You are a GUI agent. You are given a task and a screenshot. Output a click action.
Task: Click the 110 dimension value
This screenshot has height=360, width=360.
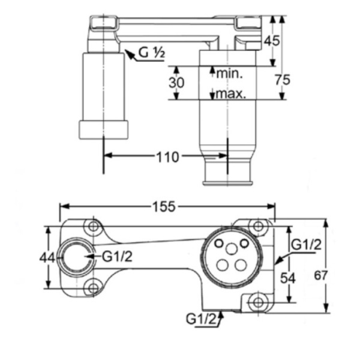pos(168,157)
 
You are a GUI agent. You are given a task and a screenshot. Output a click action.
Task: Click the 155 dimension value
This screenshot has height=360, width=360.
pos(163,207)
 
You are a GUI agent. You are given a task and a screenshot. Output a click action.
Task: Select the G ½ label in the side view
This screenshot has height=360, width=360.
pos(151,53)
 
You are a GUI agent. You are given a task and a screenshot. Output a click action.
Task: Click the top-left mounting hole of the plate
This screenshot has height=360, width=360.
pos(92,227)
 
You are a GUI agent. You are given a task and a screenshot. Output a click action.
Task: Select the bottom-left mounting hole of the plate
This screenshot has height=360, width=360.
pos(92,288)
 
